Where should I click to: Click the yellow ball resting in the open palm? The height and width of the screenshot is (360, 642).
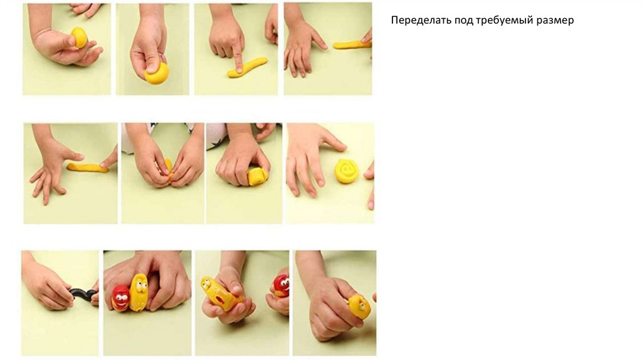[79, 37]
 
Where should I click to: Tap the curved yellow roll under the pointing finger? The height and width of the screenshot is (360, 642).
[248, 67]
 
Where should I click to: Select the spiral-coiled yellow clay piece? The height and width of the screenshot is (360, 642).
[347, 171]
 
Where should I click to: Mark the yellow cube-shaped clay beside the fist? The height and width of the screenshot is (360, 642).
[258, 176]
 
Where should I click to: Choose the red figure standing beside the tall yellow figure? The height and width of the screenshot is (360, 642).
[121, 298]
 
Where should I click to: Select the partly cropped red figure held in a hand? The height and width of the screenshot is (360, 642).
[282, 286]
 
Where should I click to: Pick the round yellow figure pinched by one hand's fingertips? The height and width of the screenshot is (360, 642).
[359, 306]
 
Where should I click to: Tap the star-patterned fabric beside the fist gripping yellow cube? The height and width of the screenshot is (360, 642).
[217, 130]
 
